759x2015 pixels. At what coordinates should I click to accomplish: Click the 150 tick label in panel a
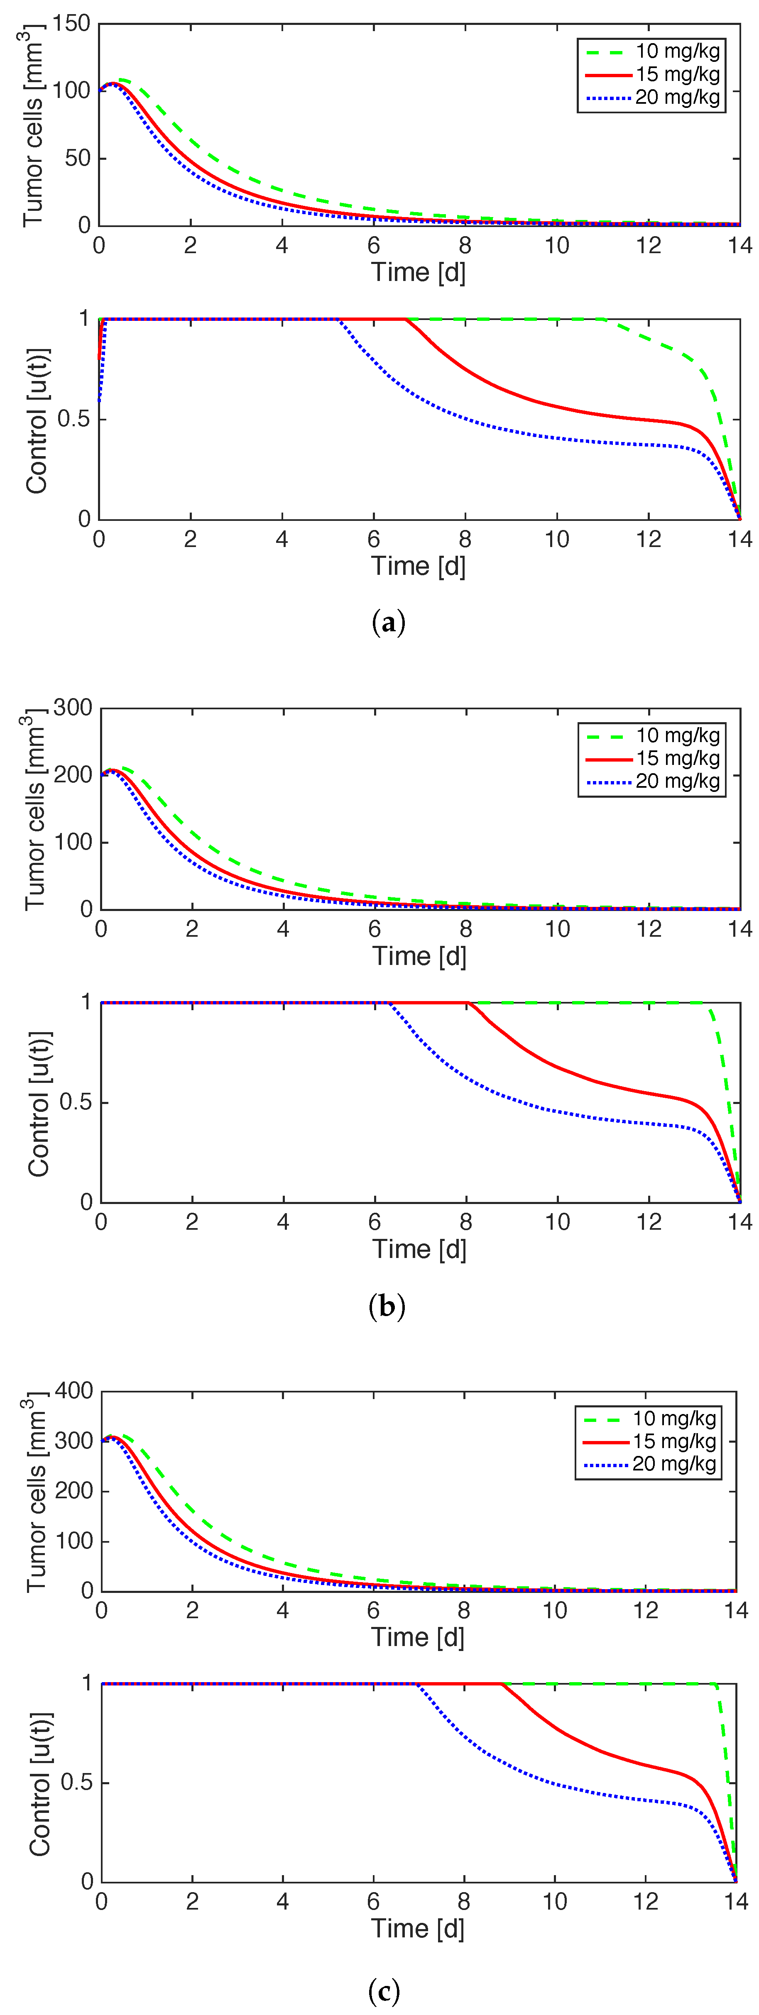[72, 24]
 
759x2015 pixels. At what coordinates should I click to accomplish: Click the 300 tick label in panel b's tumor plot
[73, 708]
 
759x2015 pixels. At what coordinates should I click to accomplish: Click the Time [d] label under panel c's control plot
[418, 1928]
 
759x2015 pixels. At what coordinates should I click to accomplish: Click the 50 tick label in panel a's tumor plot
[78, 158]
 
